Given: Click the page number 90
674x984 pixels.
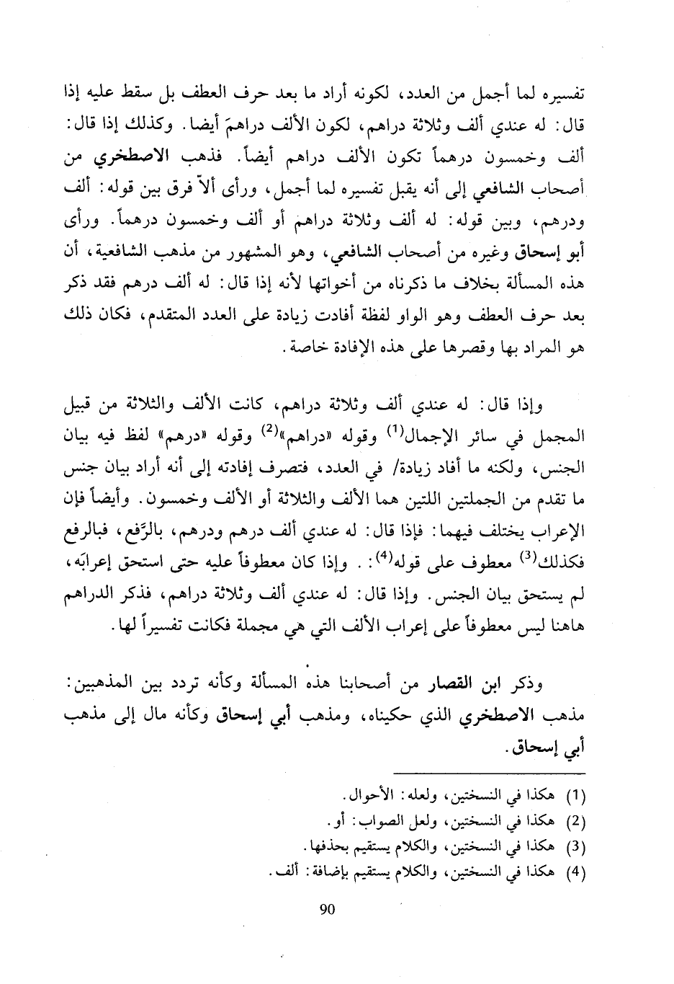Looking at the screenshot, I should pos(327,909).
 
